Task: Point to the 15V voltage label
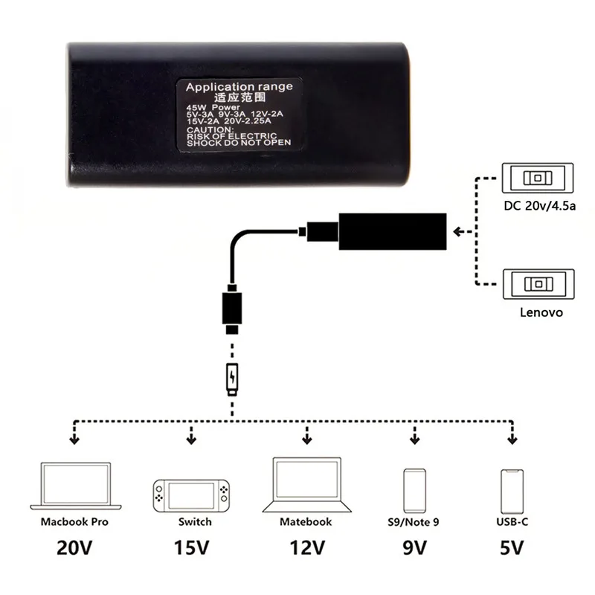click(x=193, y=551)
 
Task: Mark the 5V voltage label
click(x=511, y=551)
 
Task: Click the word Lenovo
click(x=541, y=313)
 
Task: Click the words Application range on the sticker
click(x=239, y=87)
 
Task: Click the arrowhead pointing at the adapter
click(x=458, y=231)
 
